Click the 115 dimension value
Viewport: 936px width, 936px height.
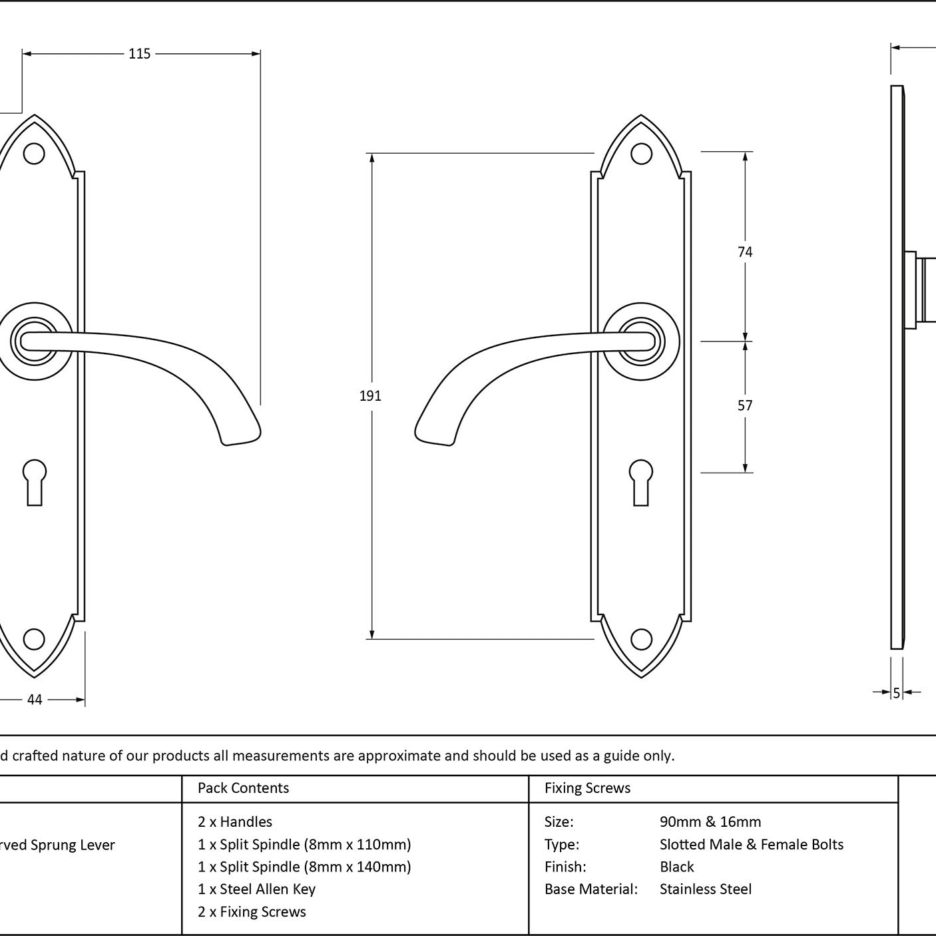click(139, 53)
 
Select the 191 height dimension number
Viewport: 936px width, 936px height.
click(370, 396)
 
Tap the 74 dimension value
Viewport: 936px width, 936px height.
click(745, 252)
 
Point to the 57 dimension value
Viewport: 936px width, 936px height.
click(745, 405)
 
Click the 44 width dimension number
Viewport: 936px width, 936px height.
click(35, 700)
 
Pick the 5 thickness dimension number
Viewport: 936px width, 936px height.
click(897, 693)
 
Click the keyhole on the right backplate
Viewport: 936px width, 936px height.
click(640, 483)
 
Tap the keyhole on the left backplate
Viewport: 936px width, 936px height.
click(35, 483)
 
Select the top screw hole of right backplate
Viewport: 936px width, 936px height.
click(641, 154)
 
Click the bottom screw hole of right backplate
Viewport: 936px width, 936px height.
click(641, 639)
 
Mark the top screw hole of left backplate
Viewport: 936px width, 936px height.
click(34, 154)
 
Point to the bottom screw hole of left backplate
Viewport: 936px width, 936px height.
click(34, 639)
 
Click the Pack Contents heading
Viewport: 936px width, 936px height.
click(244, 788)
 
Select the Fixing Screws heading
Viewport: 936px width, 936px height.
click(587, 788)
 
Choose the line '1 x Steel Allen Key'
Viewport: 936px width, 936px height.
click(256, 888)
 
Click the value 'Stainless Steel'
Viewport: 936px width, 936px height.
click(705, 888)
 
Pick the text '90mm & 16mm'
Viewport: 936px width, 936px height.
click(710, 821)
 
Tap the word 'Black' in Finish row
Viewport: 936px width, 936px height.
click(676, 866)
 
